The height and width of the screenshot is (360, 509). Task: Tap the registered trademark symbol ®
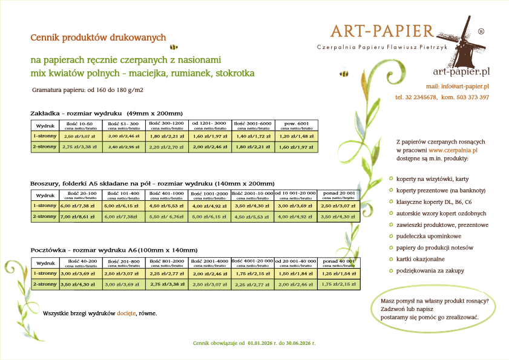481,31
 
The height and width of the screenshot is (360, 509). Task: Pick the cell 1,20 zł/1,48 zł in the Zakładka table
294,137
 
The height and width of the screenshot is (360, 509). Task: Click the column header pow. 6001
294,123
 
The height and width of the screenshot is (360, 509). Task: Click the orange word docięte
126,313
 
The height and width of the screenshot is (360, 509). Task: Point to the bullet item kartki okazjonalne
420,259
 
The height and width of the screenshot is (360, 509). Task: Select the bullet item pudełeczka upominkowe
425,236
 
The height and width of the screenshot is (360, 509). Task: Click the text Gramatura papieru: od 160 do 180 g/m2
88,90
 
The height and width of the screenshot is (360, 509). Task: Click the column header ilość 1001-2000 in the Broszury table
209,194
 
